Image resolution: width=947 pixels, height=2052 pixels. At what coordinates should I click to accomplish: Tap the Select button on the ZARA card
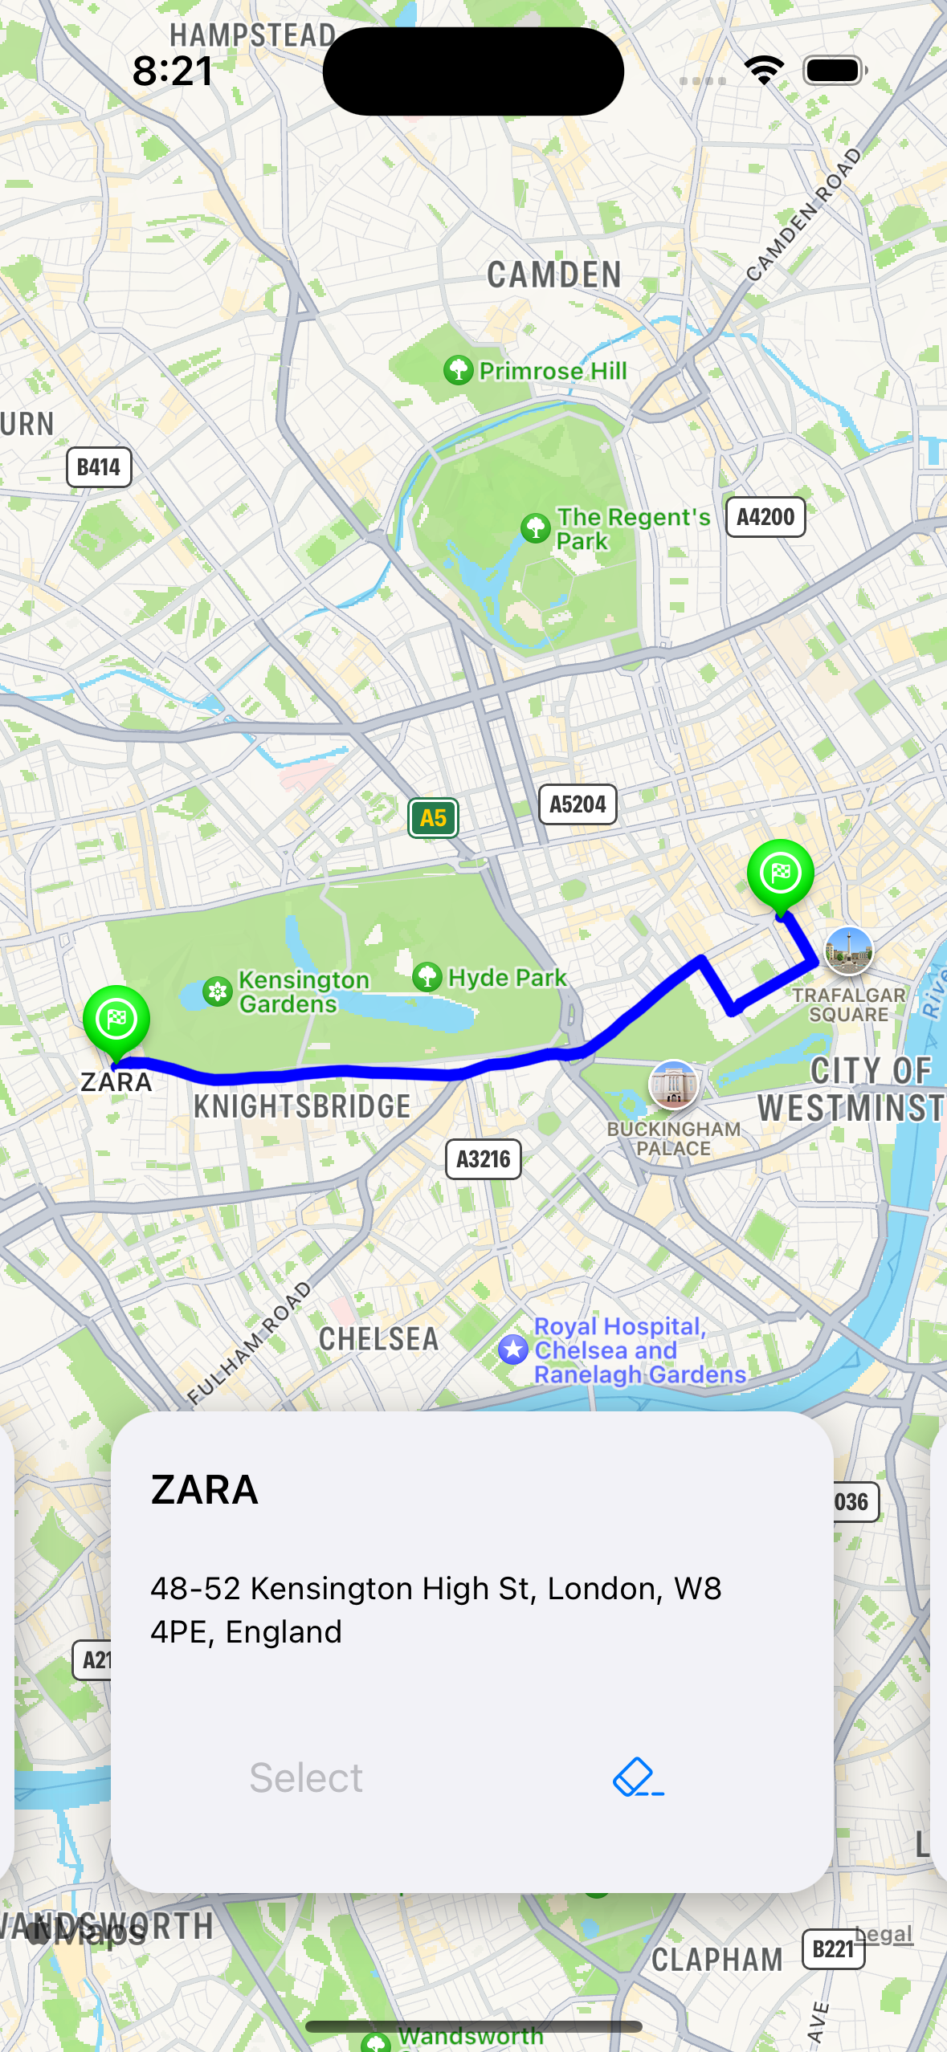point(306,1777)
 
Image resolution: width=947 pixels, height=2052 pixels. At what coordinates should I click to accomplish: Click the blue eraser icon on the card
point(638,1777)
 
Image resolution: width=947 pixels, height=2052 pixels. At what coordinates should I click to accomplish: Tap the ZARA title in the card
point(205,1490)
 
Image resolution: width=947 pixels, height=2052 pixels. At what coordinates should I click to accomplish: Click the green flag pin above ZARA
point(116,1020)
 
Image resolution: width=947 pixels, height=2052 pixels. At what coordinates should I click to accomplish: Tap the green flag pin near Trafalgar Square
point(780,873)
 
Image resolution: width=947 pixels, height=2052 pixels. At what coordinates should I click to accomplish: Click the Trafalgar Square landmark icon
point(848,951)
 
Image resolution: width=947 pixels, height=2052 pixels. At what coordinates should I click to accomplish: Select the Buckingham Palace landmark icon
point(673,1085)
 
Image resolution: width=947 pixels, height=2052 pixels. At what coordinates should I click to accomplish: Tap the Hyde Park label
point(507,978)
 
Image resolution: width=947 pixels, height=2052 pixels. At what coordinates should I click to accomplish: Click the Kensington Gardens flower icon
point(217,991)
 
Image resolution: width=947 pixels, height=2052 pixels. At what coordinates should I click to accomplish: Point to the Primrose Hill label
point(553,371)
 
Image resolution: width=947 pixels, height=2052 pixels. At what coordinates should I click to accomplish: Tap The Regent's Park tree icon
point(536,528)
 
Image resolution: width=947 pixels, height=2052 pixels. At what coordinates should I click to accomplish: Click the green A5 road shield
point(433,818)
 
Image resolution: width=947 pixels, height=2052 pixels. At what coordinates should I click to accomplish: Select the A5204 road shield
point(578,804)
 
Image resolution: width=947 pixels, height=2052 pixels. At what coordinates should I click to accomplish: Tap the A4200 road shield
point(765,517)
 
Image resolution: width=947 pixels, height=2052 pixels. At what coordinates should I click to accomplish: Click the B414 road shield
point(99,467)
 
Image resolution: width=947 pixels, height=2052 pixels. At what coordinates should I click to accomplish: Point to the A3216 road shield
point(484,1159)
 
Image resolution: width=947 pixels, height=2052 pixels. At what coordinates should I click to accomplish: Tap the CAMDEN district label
point(554,275)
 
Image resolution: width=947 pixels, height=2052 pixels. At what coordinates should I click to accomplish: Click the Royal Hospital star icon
point(513,1350)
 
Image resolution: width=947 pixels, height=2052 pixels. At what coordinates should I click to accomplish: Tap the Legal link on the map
point(884,1935)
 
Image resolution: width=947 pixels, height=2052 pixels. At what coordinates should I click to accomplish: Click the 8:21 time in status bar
point(173,71)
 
